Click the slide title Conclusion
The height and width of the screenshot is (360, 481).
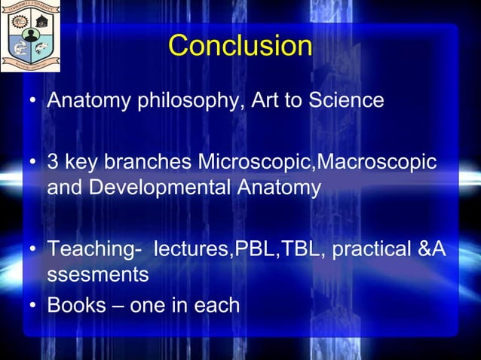tap(240, 46)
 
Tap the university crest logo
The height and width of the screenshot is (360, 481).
tap(31, 36)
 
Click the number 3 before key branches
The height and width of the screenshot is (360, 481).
tap(53, 163)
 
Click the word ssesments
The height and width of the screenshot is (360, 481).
tap(97, 275)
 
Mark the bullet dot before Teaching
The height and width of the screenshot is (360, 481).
tap(33, 252)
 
